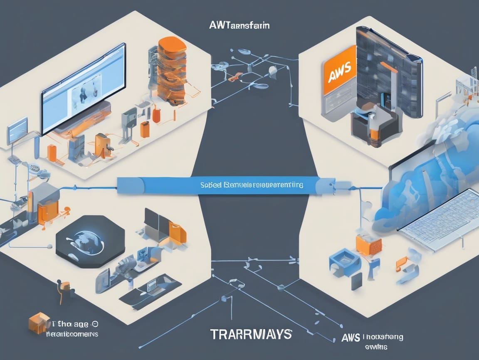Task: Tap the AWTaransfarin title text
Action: click(x=240, y=26)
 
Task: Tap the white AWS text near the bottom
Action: click(x=350, y=337)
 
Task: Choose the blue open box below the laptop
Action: click(x=343, y=260)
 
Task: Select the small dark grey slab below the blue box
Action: click(x=356, y=282)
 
